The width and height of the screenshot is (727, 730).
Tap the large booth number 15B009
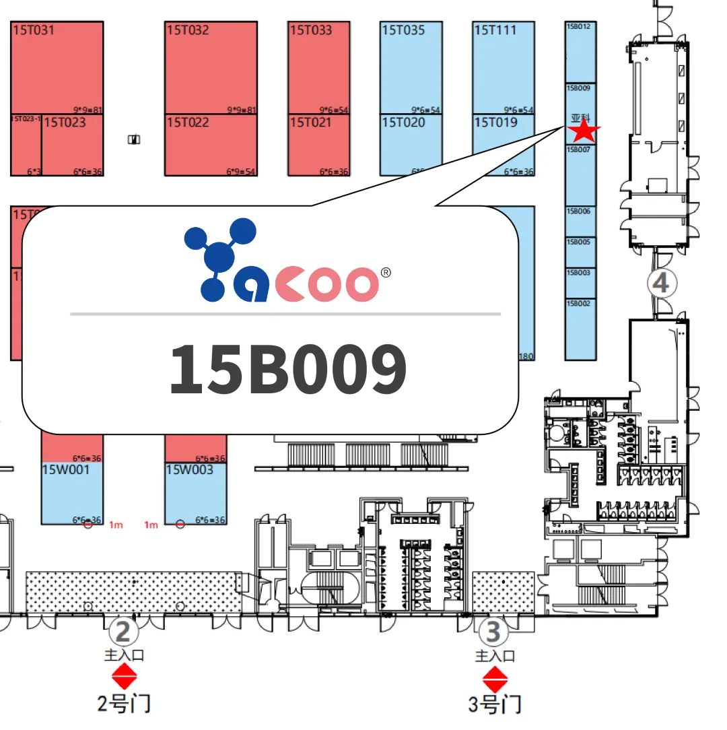[x=287, y=369]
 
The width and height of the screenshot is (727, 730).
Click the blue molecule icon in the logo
[x=219, y=259]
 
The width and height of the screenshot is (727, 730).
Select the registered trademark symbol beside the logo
[x=386, y=273]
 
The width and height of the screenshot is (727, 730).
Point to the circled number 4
[x=661, y=284]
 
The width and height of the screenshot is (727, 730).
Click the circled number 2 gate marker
[x=123, y=632]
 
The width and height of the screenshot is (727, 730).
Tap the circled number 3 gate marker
[x=493, y=632]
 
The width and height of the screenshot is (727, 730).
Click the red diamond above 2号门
[x=124, y=676]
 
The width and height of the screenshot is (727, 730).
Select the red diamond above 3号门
[x=495, y=679]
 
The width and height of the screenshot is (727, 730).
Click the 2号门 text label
[x=124, y=704]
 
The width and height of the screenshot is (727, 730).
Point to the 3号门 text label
[x=495, y=705]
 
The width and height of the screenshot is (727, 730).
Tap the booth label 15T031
[x=33, y=30]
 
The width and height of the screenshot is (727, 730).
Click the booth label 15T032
[x=188, y=30]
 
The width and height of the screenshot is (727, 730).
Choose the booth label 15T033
[x=310, y=30]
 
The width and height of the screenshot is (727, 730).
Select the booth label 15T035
[x=403, y=30]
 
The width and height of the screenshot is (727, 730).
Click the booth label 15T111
[x=495, y=30]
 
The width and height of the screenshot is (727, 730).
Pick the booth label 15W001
[x=65, y=469]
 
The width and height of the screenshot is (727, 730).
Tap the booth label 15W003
[x=189, y=469]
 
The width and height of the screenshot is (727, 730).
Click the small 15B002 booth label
[x=578, y=304]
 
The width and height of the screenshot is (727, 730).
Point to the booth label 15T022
[x=188, y=123]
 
